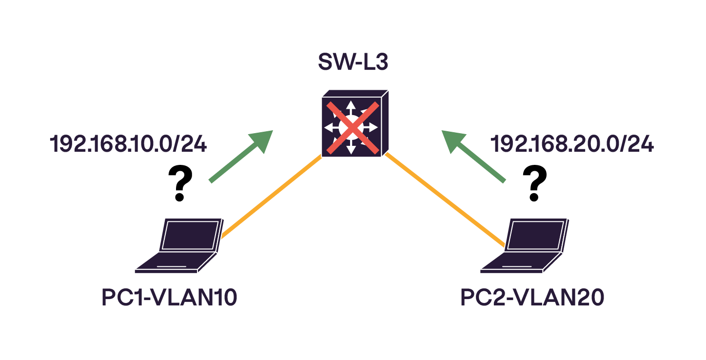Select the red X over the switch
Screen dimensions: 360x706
click(x=353, y=128)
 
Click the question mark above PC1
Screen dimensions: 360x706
click(x=179, y=183)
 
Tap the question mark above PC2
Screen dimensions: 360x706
click(x=534, y=183)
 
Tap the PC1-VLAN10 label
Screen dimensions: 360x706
click(x=169, y=299)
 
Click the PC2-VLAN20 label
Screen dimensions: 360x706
click(x=532, y=299)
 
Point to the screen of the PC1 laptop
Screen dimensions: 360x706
click(x=190, y=235)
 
